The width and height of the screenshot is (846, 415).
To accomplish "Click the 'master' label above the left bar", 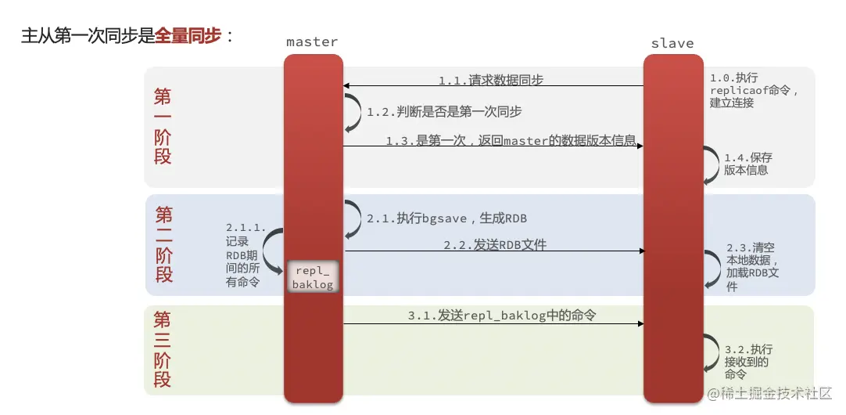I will coord(312,41).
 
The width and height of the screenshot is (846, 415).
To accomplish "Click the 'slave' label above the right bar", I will coord(672,43).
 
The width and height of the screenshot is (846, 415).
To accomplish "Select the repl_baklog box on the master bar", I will coord(314,277).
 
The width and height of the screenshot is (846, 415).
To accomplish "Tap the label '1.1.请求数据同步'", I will coord(490,80).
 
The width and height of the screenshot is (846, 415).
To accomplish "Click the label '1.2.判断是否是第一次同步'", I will coord(444,112).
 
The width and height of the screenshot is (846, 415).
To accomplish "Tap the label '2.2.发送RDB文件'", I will coord(494,245).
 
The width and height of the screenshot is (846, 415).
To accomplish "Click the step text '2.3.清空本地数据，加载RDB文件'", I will coord(752,266).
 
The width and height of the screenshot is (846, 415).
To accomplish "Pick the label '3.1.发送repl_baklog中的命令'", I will coord(501,316).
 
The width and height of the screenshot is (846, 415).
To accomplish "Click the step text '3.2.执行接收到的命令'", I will coord(747,362).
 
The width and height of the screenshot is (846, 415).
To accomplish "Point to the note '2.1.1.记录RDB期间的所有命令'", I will coord(244,254).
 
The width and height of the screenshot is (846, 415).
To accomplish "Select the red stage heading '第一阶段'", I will coord(163,126).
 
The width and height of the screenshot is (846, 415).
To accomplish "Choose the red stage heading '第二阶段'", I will coord(163,244).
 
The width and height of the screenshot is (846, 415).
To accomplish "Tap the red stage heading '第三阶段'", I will coord(162,349).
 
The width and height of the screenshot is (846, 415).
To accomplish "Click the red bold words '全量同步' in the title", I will coord(188,35).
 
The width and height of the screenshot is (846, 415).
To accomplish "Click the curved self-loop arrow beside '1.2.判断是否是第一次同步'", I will coord(353,112).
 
